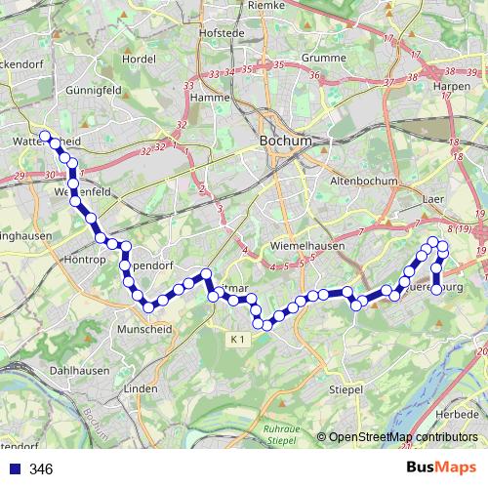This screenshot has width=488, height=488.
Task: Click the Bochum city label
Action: coord(286,142)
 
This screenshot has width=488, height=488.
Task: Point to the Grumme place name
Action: coord(305,58)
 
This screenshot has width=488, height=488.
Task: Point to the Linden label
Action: coord(141,388)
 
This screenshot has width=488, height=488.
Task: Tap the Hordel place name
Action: coord(140,59)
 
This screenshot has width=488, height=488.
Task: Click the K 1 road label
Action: coord(239,339)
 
